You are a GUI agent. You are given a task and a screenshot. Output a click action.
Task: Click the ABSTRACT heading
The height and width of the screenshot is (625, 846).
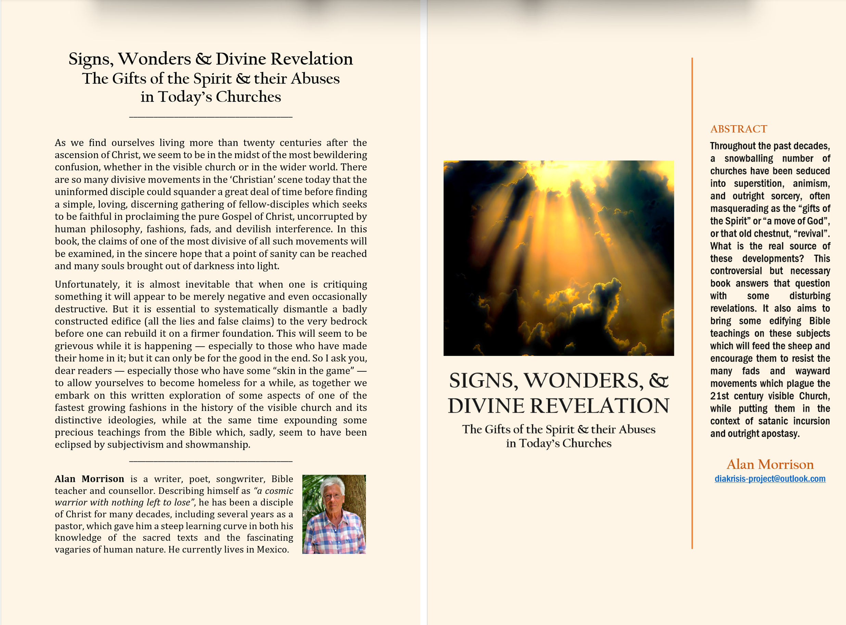738,129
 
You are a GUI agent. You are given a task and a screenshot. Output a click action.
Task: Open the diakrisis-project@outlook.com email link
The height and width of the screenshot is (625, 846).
770,479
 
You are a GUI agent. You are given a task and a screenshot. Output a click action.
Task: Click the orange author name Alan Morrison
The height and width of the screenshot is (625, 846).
770,464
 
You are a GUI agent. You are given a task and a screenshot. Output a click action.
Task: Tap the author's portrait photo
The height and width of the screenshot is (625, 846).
334,514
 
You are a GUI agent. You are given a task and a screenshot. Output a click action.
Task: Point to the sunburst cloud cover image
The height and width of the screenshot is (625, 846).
558,258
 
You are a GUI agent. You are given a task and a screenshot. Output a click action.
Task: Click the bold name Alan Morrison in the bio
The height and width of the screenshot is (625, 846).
89,479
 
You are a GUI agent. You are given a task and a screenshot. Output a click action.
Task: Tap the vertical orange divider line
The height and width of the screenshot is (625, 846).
692,303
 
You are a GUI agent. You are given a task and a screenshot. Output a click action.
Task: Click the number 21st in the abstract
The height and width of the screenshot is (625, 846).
719,396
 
